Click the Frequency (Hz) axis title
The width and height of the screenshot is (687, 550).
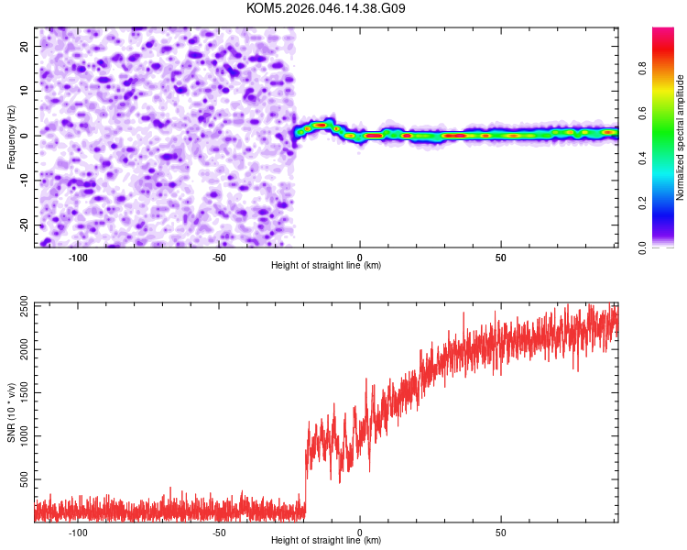pyautogui.click(x=11, y=137)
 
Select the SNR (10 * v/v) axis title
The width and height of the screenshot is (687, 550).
pyautogui.click(x=11, y=412)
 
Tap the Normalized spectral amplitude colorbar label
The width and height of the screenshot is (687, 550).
pyautogui.click(x=680, y=137)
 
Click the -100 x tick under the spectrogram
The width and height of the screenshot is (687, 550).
pyautogui.click(x=77, y=258)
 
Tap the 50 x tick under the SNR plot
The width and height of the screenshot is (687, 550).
pyautogui.click(x=501, y=533)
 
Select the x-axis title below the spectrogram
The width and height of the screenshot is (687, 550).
pyautogui.click(x=326, y=266)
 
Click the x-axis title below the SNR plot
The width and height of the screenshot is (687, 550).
pyautogui.click(x=326, y=542)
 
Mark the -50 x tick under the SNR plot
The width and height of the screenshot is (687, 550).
pyautogui.click(x=218, y=533)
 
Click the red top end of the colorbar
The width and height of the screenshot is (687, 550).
pyautogui.click(x=663, y=32)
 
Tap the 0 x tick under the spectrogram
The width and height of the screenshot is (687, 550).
pyautogui.click(x=360, y=258)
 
